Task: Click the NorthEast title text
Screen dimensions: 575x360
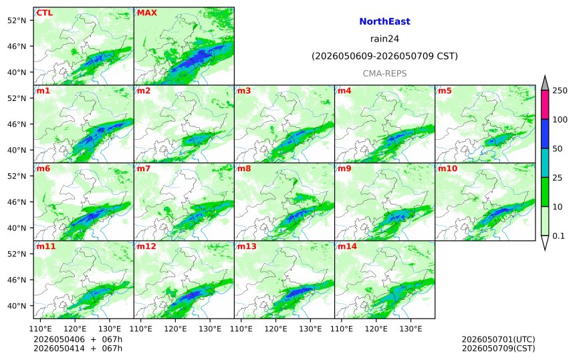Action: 384,21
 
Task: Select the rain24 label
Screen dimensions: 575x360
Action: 384,39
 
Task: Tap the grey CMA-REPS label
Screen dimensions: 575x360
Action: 384,74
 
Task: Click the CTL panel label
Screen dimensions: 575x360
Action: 44,13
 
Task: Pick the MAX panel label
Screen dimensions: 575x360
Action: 146,13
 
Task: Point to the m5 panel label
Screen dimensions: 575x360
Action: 445,90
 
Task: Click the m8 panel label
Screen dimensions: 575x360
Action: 244,169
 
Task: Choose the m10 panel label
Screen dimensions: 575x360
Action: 448,169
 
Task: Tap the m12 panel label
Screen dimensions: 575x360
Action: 146,246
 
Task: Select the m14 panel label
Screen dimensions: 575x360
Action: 347,246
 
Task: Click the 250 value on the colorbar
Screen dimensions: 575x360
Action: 560,90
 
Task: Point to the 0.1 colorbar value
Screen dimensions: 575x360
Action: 558,236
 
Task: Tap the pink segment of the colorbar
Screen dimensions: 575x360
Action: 545,104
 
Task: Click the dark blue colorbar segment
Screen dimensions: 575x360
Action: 545,134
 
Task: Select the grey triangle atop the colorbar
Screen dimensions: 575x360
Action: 545,84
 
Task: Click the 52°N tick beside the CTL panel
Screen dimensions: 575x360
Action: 17,20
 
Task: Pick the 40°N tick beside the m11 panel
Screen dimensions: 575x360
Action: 17,306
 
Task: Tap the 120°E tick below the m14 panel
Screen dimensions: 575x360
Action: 376,329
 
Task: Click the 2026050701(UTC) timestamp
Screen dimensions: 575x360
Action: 498,339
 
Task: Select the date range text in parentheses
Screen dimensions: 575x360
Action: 384,56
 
